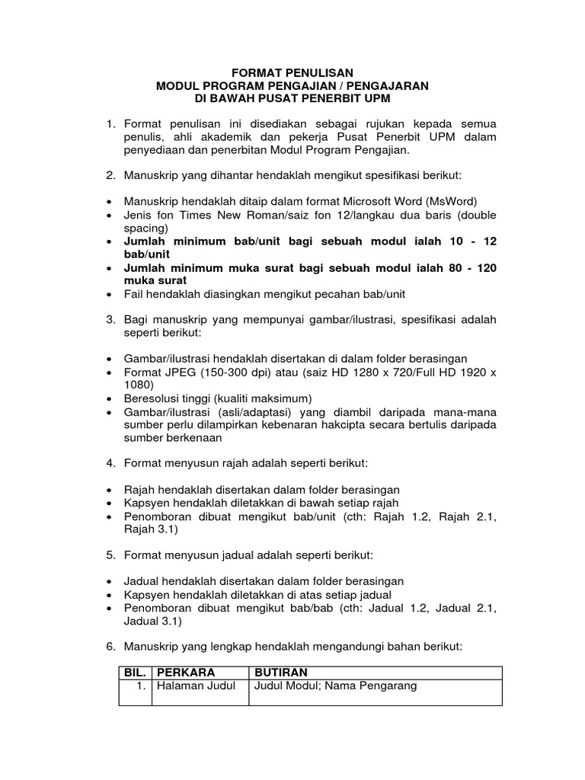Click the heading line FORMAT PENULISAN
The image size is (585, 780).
pyautogui.click(x=292, y=73)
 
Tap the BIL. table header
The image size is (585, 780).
pyautogui.click(x=135, y=673)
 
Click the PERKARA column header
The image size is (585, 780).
pyautogui.click(x=186, y=673)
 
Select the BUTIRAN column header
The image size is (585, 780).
pyautogui.click(x=280, y=673)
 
